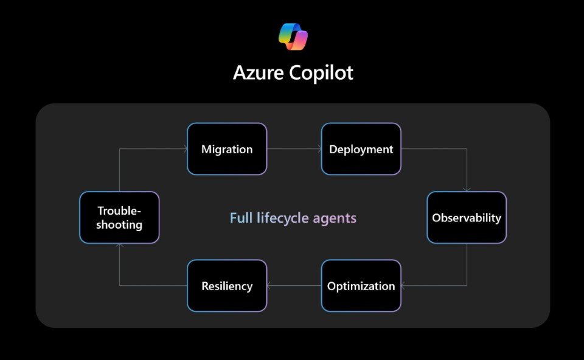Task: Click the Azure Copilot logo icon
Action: click(x=293, y=36)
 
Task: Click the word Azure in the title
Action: click(x=258, y=72)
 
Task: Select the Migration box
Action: click(x=227, y=149)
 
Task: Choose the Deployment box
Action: click(x=361, y=149)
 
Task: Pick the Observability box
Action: click(x=467, y=218)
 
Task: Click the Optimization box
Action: click(x=361, y=286)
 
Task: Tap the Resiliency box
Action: click(x=227, y=286)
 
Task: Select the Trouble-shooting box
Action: click(x=119, y=218)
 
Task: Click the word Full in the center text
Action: click(x=242, y=218)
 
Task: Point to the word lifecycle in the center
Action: click(x=283, y=218)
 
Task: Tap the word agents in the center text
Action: click(x=335, y=219)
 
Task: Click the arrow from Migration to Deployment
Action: click(x=294, y=149)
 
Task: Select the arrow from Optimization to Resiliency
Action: click(x=294, y=286)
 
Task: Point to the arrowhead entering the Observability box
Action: click(x=467, y=190)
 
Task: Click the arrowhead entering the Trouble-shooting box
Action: click(x=119, y=245)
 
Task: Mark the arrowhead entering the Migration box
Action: click(x=185, y=149)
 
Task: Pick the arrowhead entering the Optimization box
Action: click(x=403, y=286)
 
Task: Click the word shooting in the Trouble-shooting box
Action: click(x=119, y=225)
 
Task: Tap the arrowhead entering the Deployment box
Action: click(x=319, y=149)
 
